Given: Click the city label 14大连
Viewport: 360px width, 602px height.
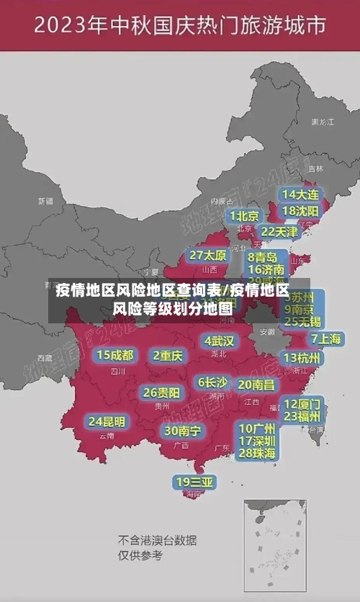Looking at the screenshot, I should point(300,194).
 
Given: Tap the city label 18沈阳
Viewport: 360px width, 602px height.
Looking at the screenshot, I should point(300,211).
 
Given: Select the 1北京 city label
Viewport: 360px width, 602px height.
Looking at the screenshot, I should point(245,216).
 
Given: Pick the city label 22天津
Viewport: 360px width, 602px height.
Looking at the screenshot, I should point(279,232).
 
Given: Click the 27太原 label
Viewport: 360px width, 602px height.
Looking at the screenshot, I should point(208,256).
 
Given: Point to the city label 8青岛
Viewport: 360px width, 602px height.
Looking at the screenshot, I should point(263,257).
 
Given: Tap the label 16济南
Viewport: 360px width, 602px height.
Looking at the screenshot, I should point(266,269).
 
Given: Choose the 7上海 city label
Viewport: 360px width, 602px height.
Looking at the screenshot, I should point(325,339).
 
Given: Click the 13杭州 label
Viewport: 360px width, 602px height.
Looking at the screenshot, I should point(303,358).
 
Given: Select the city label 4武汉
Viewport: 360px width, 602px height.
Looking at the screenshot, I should point(219,341).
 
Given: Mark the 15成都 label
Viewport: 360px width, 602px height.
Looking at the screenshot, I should point(115,355).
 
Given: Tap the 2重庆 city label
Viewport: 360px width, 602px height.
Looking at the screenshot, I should point(168,355).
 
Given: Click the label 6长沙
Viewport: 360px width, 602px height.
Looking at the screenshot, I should point(212,382).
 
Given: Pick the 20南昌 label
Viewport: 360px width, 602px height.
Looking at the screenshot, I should point(256,385).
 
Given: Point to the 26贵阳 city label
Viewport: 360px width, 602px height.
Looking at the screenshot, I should point(161,392).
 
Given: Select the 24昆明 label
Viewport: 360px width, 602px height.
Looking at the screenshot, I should point(107,421).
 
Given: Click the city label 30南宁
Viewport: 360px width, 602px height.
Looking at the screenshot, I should point(182,431).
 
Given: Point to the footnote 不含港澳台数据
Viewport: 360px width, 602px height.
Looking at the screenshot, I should point(158,540).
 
